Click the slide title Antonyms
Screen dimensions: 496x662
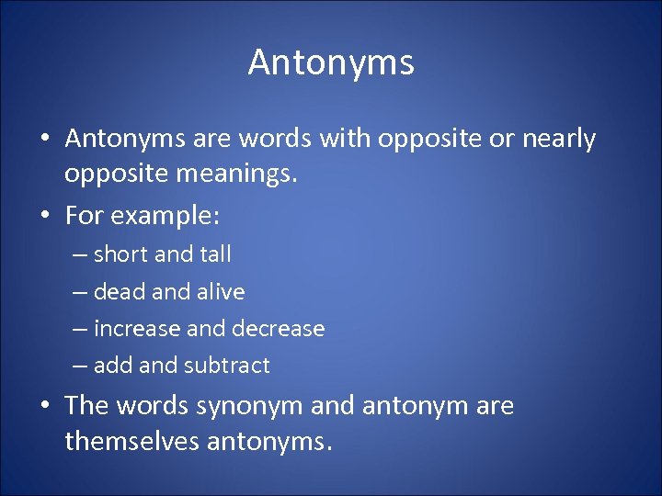(x=331, y=62)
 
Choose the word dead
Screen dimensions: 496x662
(x=118, y=292)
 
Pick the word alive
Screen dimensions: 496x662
(x=221, y=292)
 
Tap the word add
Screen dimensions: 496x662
(x=113, y=366)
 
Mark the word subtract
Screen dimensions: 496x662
(x=226, y=366)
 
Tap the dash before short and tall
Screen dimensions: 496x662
(x=80, y=255)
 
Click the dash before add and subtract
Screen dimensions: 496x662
(x=80, y=366)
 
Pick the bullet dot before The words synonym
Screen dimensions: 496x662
(x=44, y=406)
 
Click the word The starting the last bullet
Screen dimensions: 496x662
(x=87, y=406)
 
